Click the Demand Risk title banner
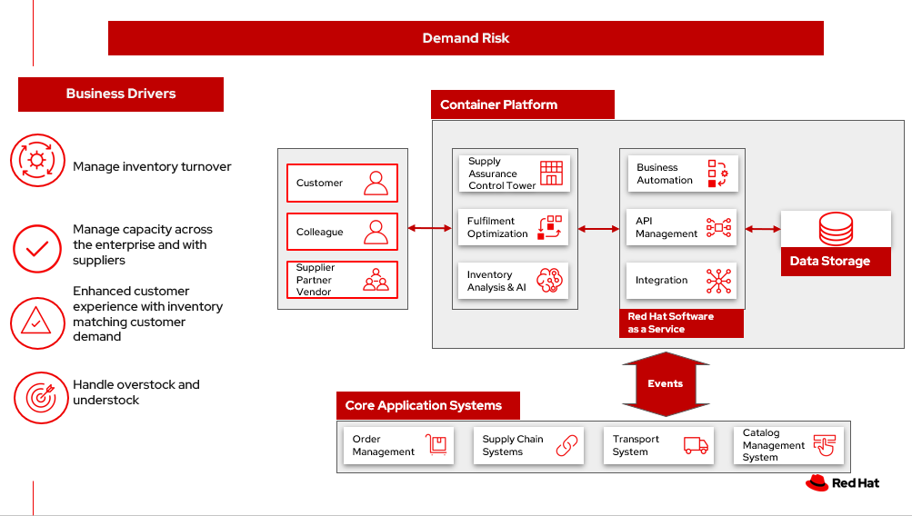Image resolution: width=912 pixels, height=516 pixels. pyautogui.click(x=466, y=38)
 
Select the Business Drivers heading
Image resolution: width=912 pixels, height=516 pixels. pyautogui.click(x=121, y=94)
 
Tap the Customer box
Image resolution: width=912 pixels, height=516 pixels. pyautogui.click(x=342, y=183)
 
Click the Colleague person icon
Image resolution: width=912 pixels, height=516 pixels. pyautogui.click(x=376, y=232)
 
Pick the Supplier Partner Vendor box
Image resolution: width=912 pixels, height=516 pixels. pyautogui.click(x=342, y=280)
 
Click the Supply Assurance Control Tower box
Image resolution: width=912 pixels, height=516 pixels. pyautogui.click(x=514, y=174)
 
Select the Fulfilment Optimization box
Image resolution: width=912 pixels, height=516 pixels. pyautogui.click(x=514, y=227)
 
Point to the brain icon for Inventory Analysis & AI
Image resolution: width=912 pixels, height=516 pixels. pyautogui.click(x=551, y=281)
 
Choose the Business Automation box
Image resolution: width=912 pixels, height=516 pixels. pyautogui.click(x=681, y=174)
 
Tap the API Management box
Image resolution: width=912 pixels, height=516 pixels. pyautogui.click(x=681, y=227)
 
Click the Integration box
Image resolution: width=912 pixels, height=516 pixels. pyautogui.click(x=681, y=281)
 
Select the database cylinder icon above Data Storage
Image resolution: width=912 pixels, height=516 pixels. pyautogui.click(x=836, y=229)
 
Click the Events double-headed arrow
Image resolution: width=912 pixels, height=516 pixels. pyautogui.click(x=666, y=384)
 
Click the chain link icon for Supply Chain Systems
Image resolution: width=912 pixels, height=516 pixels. pyautogui.click(x=567, y=445)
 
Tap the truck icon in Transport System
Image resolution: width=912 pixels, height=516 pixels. pyautogui.click(x=696, y=445)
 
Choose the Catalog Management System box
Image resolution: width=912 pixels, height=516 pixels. pyautogui.click(x=788, y=445)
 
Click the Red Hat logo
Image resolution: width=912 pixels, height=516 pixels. pyautogui.click(x=842, y=483)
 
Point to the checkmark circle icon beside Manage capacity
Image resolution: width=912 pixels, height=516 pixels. pyautogui.click(x=37, y=249)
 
